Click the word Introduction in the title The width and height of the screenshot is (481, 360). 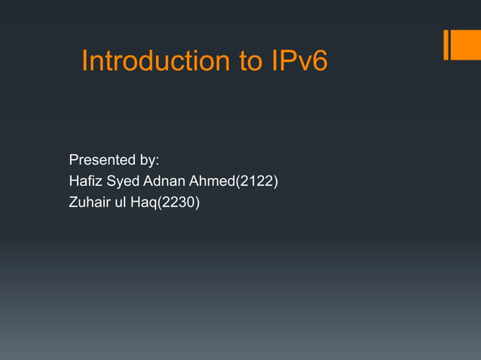click(156, 61)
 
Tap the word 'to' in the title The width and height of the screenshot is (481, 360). click(252, 61)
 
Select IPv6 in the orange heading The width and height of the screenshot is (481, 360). click(299, 61)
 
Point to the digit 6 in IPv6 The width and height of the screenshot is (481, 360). click(320, 61)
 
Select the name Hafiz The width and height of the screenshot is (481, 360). click(84, 181)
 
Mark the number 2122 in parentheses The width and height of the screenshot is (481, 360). click(258, 181)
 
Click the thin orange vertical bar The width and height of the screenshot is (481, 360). click(447, 44)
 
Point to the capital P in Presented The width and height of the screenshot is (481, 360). click(73, 160)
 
